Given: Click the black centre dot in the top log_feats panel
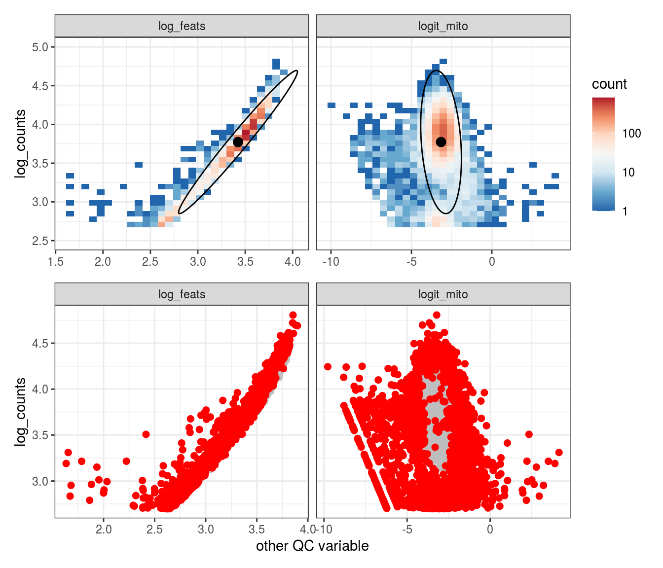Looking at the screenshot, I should point(238,142).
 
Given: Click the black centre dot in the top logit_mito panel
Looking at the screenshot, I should point(441,142).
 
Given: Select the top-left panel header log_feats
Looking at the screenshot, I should point(182,26).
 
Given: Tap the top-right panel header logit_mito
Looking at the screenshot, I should point(443,26).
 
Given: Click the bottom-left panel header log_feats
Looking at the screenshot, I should point(182,294).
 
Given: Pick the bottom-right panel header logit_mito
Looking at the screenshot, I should point(443,294).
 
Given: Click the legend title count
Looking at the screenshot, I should point(609,84).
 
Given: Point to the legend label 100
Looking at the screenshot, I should point(631,133).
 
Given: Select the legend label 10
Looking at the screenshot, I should point(628,172).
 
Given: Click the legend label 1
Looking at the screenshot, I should point(625,212).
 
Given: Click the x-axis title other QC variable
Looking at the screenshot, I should point(312,546).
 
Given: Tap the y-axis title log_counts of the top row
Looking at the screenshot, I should point(20,143).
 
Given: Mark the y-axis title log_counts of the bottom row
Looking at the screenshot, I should point(20,412).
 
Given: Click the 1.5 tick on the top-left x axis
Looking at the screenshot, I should point(56,262).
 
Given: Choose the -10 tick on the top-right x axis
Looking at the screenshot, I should point(331,262).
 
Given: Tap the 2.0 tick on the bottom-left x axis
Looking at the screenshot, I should point(104,530).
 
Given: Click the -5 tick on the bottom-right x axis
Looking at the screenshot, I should point(406,530).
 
